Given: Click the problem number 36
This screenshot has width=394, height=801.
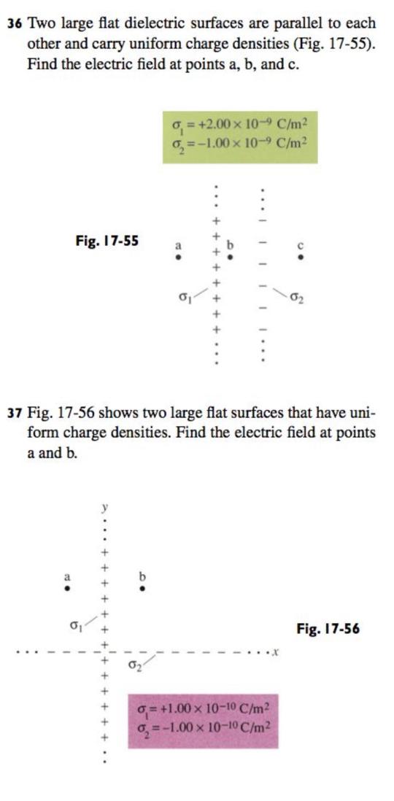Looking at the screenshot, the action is pyautogui.click(x=15, y=23).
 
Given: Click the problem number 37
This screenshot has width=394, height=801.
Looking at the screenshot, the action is pyautogui.click(x=15, y=412).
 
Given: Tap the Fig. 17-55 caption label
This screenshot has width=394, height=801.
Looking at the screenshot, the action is pyautogui.click(x=108, y=239).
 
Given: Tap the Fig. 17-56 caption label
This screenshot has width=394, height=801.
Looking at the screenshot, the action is pyautogui.click(x=328, y=628).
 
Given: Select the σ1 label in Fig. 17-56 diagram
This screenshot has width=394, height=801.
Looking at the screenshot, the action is pyautogui.click(x=74, y=626).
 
